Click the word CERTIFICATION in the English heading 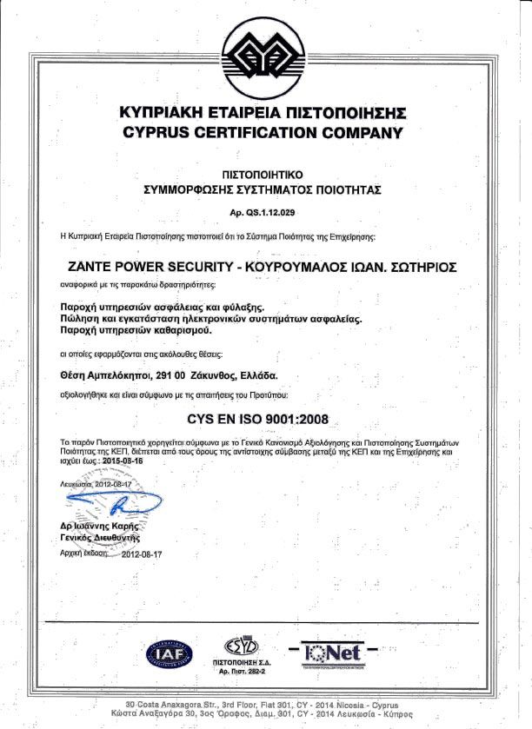tap(262, 133)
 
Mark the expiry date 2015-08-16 tap(125, 462)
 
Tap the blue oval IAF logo tap(170, 653)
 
